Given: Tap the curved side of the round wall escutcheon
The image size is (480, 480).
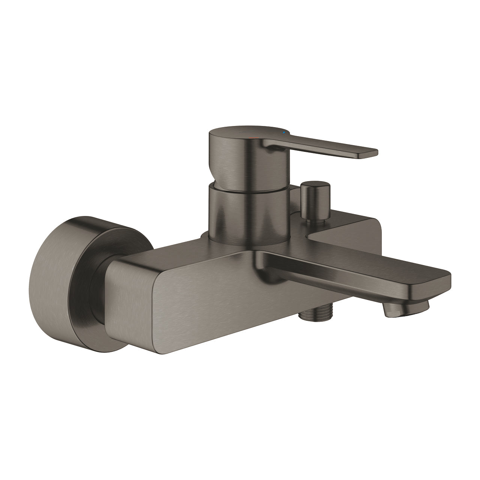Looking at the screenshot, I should (x=56, y=285).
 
